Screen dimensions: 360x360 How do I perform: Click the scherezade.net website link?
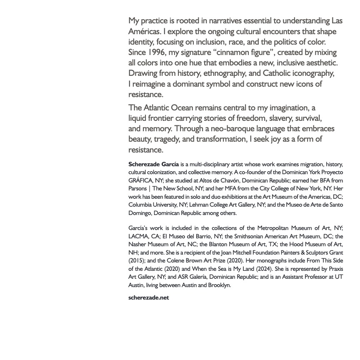click(149, 297)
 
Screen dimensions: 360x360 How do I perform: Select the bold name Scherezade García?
click(154, 164)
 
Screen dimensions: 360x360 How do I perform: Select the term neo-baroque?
click(232, 129)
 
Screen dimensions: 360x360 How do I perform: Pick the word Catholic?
click(277, 73)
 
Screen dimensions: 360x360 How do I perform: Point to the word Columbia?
click(141, 205)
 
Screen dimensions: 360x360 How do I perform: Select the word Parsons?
click(138, 189)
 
